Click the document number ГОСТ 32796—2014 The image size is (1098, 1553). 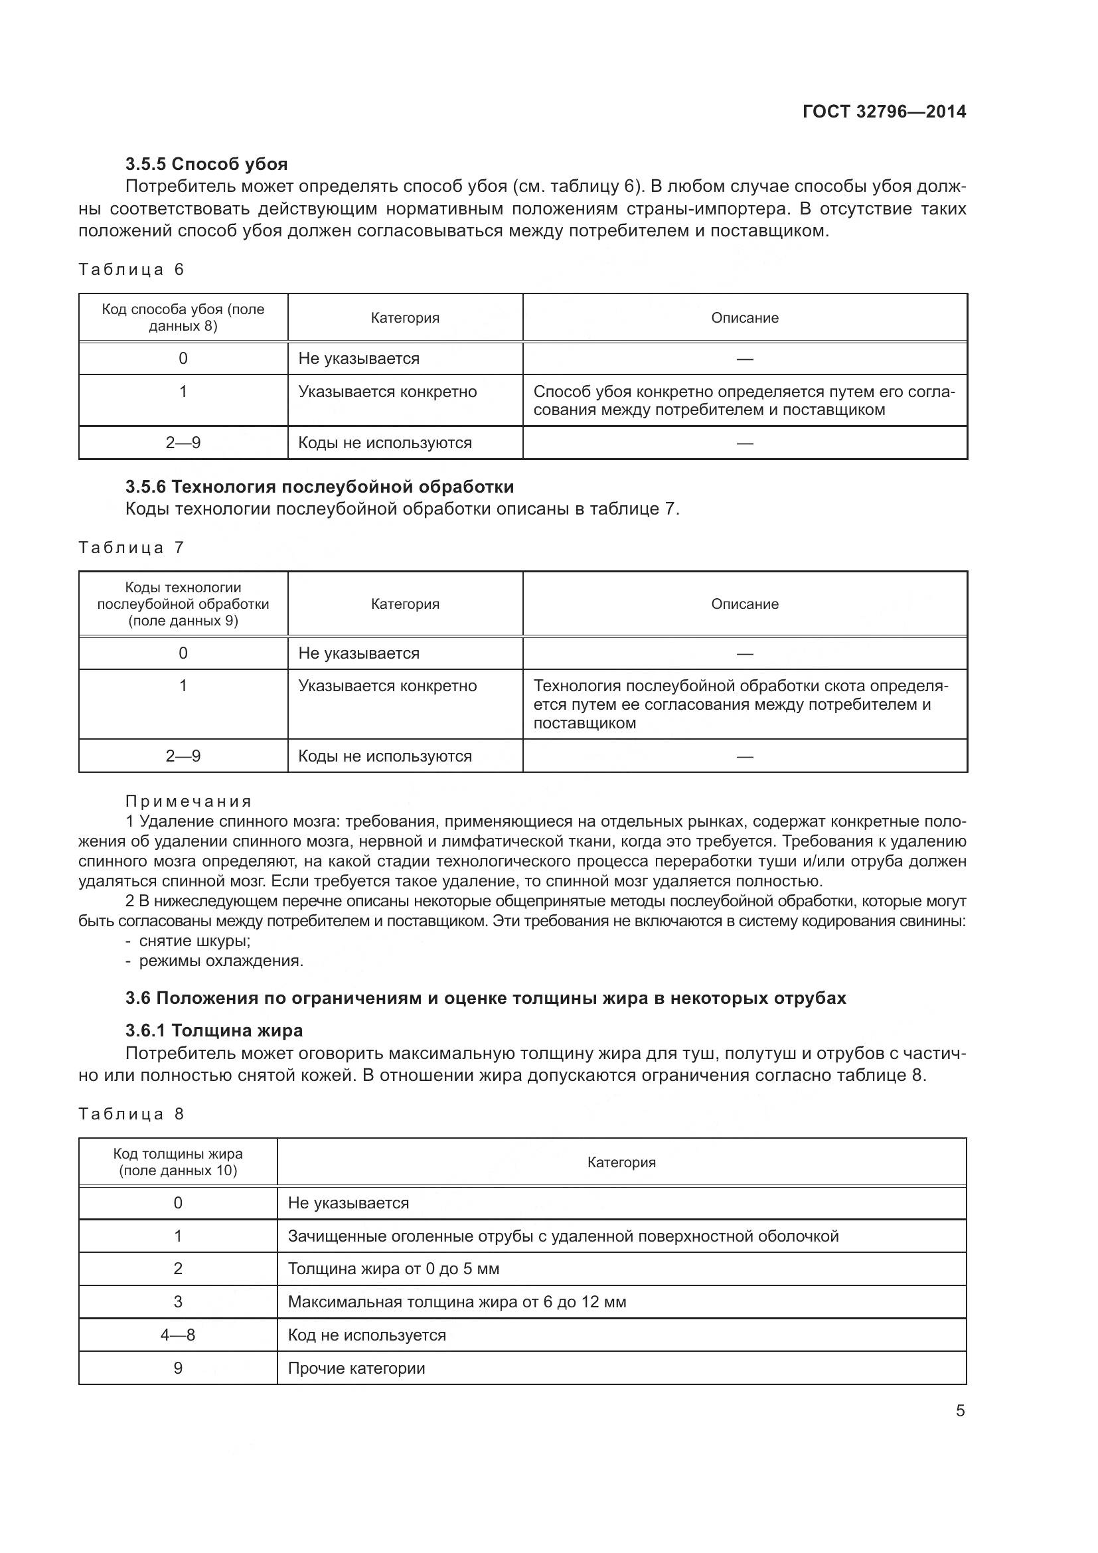tap(884, 112)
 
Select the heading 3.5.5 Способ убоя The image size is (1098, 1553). tap(206, 164)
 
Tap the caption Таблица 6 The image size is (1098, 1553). tap(131, 270)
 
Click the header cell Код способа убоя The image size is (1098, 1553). tap(183, 317)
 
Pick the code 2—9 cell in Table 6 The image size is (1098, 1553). tap(183, 443)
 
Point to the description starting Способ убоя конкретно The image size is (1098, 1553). tap(744, 400)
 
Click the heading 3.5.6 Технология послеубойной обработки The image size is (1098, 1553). tap(319, 486)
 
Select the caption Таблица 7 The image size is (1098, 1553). tap(131, 548)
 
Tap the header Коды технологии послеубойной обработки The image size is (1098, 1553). tap(183, 604)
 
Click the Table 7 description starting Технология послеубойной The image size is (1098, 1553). tap(740, 704)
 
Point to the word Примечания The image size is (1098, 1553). tap(189, 801)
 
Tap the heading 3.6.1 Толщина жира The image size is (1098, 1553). tap(214, 1030)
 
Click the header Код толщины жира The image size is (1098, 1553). tap(178, 1162)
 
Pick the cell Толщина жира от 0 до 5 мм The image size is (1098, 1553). tap(394, 1269)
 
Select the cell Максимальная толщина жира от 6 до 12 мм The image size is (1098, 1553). tap(457, 1302)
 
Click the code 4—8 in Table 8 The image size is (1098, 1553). tap(178, 1335)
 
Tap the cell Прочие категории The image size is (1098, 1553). tap(356, 1368)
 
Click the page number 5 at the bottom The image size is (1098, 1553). tap(960, 1411)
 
